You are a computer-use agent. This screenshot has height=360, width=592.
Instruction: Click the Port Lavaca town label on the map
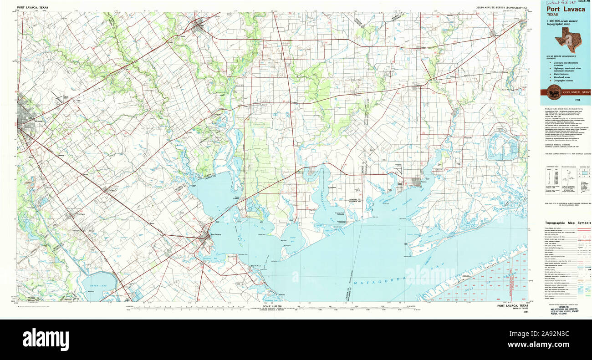point(216,235)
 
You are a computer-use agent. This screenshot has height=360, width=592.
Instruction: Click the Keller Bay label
point(288,238)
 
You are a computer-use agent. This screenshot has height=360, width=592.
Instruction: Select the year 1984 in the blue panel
point(577,100)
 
